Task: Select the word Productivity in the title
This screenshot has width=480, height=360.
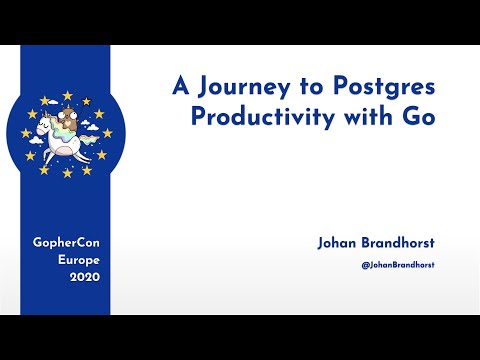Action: tap(254, 114)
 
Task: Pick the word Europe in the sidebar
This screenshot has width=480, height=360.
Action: tap(66, 260)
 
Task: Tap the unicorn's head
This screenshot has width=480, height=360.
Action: tap(44, 125)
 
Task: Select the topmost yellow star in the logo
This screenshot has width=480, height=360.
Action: tap(68, 95)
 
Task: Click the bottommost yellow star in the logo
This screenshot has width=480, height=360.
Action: tap(68, 172)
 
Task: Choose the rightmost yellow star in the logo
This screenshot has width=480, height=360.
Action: tap(106, 133)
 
